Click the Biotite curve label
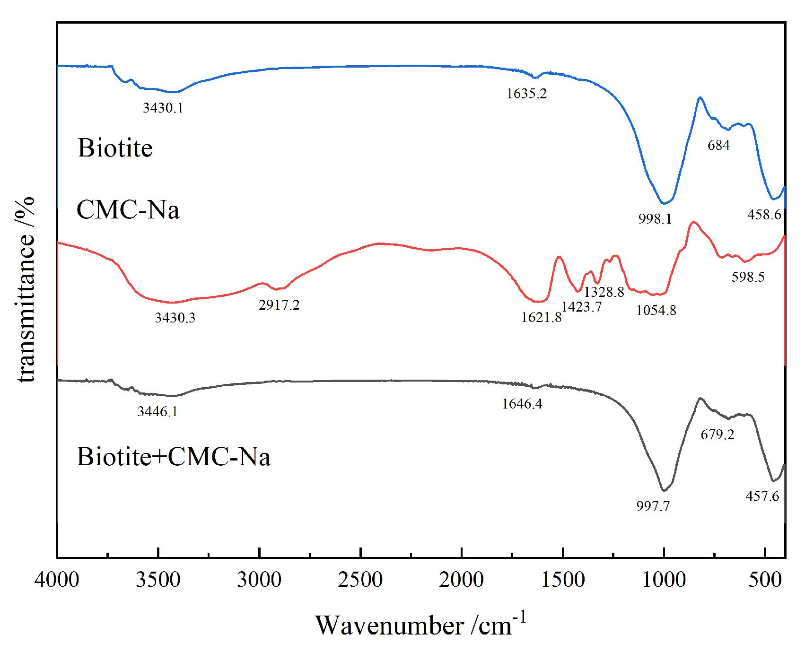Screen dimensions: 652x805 click(x=115, y=148)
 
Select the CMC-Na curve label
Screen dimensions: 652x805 click(x=128, y=209)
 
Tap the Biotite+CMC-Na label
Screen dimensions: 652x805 click(x=174, y=457)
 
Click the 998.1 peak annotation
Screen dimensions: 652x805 click(x=655, y=218)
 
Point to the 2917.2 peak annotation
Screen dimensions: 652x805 click(x=279, y=305)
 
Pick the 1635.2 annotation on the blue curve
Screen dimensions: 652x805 click(x=526, y=94)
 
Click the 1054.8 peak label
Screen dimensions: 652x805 click(x=656, y=310)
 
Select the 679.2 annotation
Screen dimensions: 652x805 click(x=717, y=434)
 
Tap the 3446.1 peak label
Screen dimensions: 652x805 click(x=157, y=411)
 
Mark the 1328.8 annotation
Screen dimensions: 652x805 click(x=604, y=292)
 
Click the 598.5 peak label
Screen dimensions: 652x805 click(x=748, y=277)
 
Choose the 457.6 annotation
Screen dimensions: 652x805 click(x=762, y=496)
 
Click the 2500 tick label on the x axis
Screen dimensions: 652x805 click(x=360, y=580)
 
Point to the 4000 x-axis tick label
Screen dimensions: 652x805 click(x=57, y=580)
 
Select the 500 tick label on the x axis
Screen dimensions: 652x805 click(x=765, y=580)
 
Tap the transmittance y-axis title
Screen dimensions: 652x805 click(x=25, y=289)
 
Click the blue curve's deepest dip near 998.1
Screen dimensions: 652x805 click(x=664, y=204)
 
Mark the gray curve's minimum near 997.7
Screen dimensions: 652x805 click(x=664, y=491)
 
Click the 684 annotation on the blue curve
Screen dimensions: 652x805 click(x=718, y=145)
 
